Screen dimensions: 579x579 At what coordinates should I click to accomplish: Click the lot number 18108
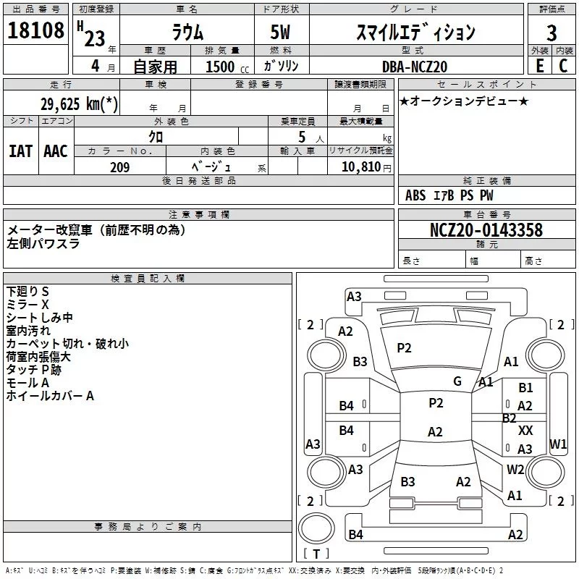35,31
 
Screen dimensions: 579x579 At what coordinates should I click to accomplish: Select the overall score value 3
551,33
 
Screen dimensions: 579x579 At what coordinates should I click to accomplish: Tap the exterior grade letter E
539,65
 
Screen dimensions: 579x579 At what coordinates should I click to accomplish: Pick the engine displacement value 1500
220,67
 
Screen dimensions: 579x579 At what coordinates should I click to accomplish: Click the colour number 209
120,167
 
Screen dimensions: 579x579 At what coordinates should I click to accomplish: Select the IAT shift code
20,151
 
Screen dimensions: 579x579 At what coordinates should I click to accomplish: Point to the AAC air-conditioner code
56,151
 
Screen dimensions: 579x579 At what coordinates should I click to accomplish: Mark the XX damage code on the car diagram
525,430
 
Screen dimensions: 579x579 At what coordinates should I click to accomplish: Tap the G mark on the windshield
457,381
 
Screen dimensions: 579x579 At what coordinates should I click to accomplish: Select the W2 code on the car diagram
515,469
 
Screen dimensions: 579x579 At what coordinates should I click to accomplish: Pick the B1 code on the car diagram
525,388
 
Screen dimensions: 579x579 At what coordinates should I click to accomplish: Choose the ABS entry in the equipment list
415,195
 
